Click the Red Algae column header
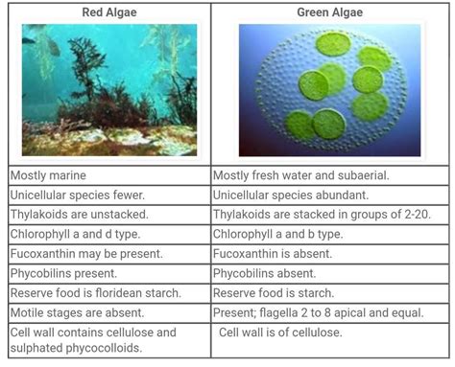108,12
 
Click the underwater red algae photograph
108,91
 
